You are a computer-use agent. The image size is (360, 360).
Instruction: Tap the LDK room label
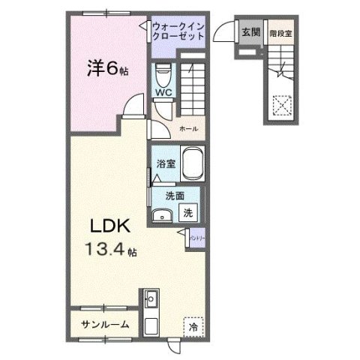[112, 226]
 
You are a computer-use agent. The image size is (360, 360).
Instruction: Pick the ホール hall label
[188, 128]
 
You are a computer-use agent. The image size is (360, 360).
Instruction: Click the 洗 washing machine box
[189, 212]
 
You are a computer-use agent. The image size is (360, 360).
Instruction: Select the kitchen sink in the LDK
[151, 299]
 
